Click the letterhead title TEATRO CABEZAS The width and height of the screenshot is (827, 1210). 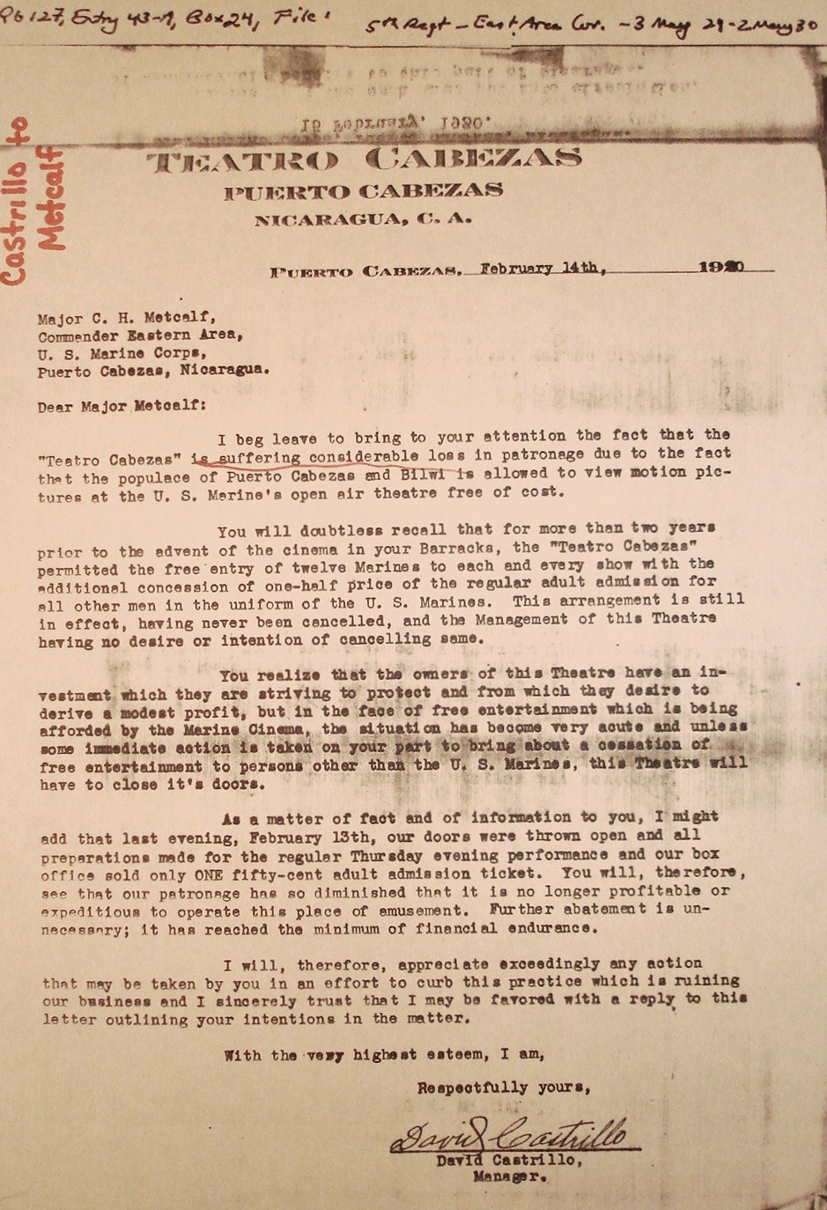click(363, 160)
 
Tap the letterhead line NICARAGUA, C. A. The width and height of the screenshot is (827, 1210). click(363, 220)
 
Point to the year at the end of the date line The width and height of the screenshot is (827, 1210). click(721, 267)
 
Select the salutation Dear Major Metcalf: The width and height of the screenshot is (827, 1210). click(122, 407)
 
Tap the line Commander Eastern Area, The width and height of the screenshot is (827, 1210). click(140, 336)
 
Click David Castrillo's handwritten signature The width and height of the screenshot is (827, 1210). click(511, 1136)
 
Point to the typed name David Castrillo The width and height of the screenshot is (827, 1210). click(509, 1161)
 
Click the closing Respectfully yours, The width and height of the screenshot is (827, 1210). click(504, 1088)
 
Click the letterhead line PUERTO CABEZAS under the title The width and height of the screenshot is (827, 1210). click(363, 191)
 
